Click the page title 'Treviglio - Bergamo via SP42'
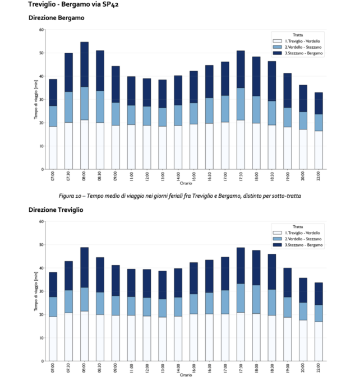(73, 5)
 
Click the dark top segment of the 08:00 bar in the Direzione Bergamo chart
(84, 64)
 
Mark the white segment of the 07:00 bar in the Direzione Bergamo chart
(53, 147)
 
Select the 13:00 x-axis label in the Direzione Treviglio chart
(163, 369)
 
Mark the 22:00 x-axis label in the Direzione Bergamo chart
(319, 176)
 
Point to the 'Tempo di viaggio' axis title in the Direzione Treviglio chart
(35, 291)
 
